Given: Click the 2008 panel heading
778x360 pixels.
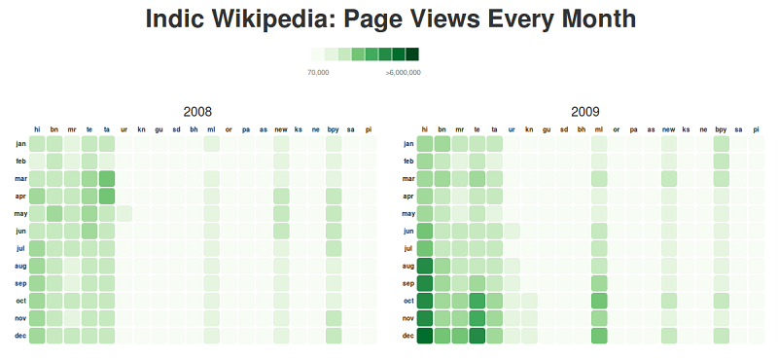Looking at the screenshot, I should pyautogui.click(x=196, y=112).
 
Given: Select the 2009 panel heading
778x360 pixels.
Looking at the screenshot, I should pyautogui.click(x=585, y=112).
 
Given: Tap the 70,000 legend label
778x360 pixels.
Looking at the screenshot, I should pyautogui.click(x=318, y=72).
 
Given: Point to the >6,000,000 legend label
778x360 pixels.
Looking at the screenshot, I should pyautogui.click(x=403, y=72).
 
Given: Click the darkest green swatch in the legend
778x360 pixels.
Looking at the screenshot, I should pyautogui.click(x=412, y=54).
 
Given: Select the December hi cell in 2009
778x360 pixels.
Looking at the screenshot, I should pyautogui.click(x=425, y=336).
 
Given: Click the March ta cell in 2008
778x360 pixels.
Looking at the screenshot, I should pyautogui.click(x=107, y=178).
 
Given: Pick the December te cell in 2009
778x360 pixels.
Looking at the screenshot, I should pyautogui.click(x=477, y=336).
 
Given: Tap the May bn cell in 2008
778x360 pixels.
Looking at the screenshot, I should pyautogui.click(x=54, y=213).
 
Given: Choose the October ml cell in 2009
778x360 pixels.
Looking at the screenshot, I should pyautogui.click(x=599, y=301).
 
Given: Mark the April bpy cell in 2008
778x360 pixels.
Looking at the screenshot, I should pyautogui.click(x=334, y=196).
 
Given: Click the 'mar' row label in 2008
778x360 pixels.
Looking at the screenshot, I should pyautogui.click(x=20, y=178).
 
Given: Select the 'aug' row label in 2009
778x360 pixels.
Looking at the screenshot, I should pyautogui.click(x=408, y=266).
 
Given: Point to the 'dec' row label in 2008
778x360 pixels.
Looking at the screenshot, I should pyautogui.click(x=20, y=336).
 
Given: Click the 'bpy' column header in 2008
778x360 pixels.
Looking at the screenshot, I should pyautogui.click(x=334, y=129).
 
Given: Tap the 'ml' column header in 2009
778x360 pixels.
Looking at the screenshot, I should pyautogui.click(x=599, y=129).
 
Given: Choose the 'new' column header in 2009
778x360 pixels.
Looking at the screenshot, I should pyautogui.click(x=669, y=129).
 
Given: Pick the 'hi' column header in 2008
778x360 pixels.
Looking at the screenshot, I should pyautogui.click(x=37, y=129).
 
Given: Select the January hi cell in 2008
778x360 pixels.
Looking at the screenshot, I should pyautogui.click(x=37, y=143).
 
